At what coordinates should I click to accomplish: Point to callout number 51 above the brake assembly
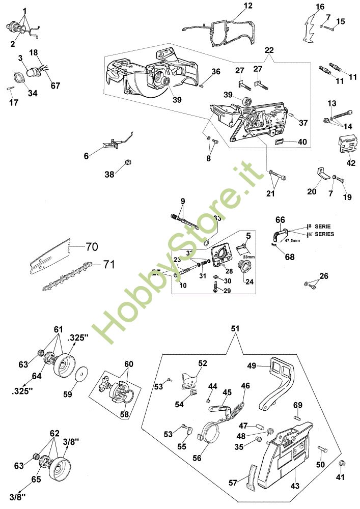[235, 329]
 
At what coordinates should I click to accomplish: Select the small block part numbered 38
[128, 162]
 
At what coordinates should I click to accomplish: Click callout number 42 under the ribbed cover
[351, 163]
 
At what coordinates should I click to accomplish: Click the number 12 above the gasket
[248, 6]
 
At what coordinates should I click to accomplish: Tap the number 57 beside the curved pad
[233, 482]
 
